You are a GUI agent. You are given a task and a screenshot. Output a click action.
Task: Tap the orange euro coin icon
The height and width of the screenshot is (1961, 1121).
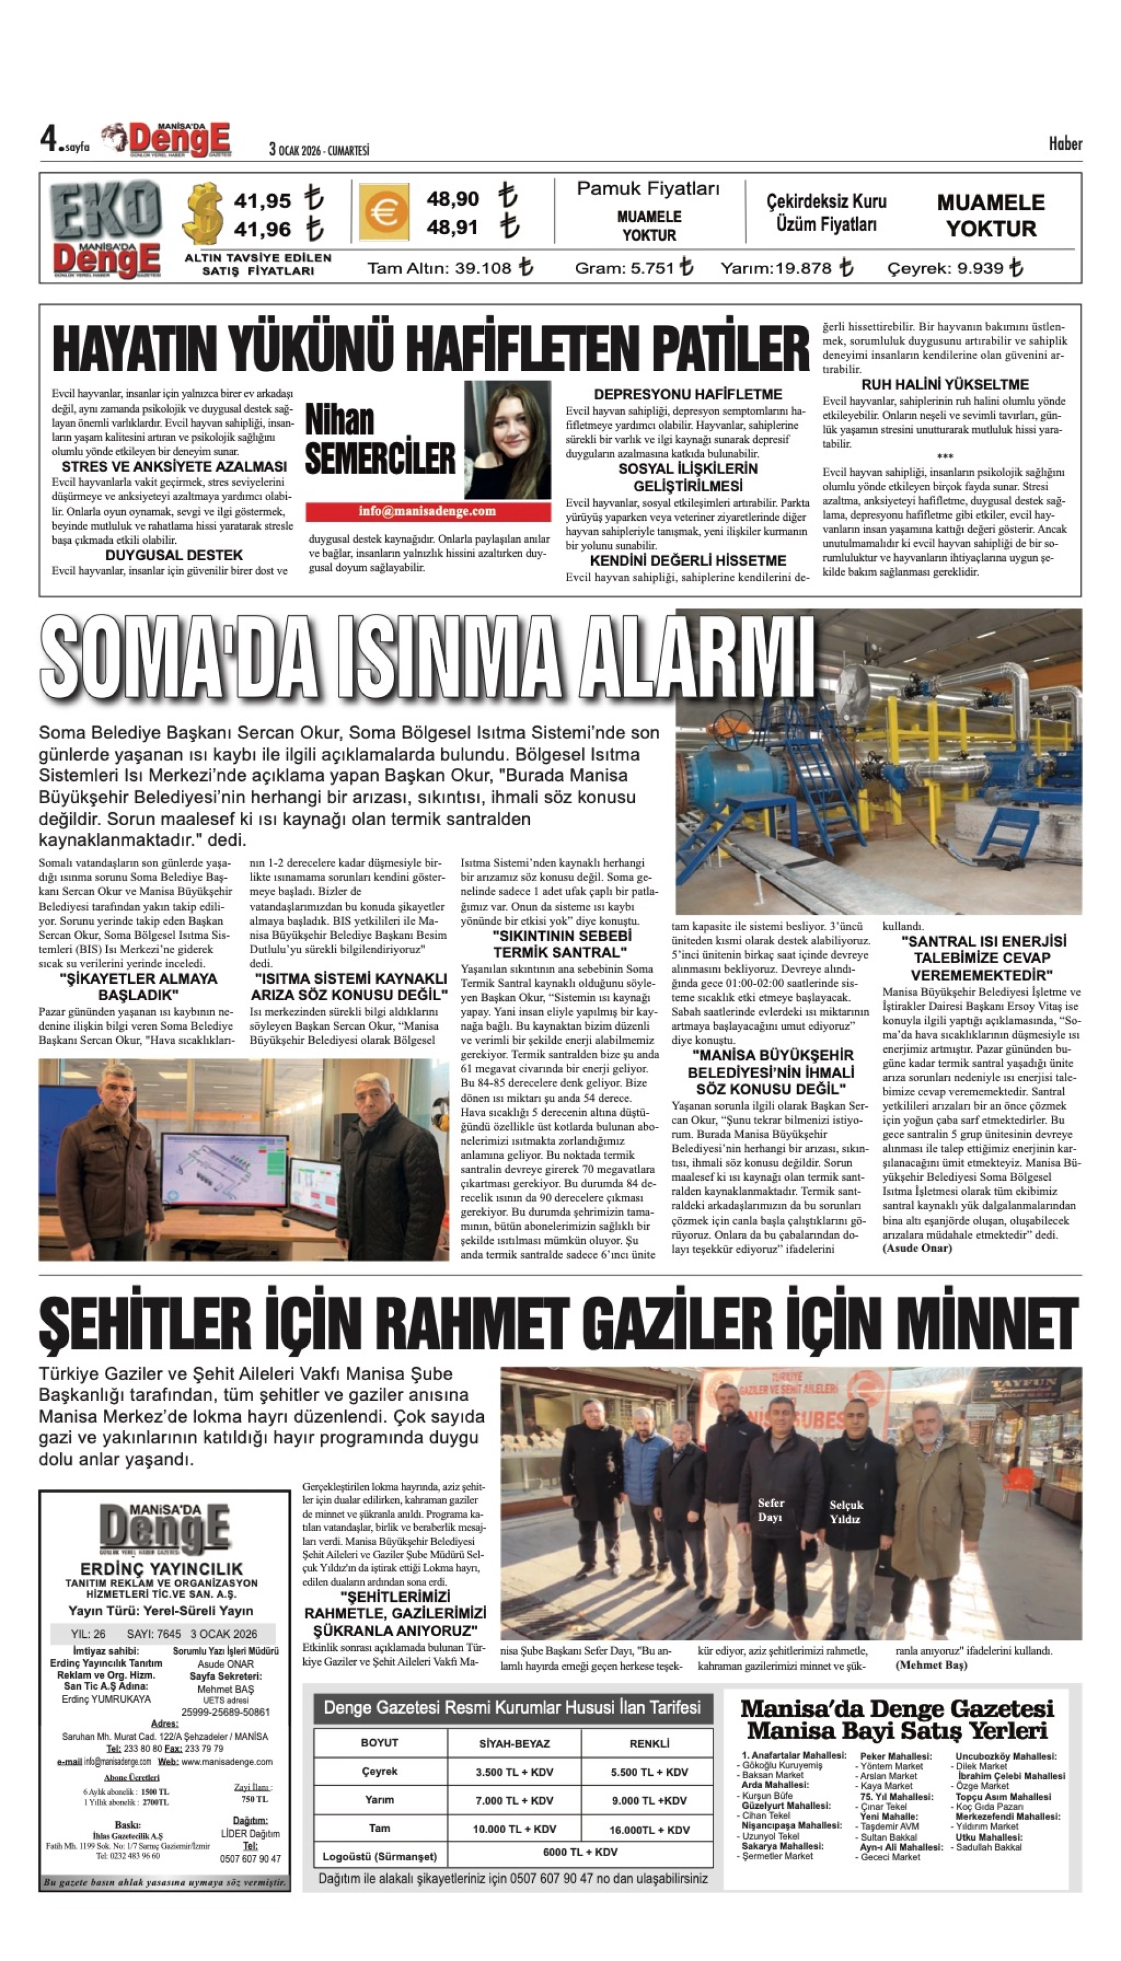(383, 212)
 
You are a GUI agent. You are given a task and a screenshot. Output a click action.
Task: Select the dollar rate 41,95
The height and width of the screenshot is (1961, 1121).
(263, 201)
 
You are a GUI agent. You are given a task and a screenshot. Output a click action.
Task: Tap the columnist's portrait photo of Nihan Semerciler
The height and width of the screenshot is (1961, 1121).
(507, 440)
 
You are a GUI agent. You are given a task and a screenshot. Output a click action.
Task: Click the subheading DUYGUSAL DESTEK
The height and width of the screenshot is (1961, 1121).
(174, 555)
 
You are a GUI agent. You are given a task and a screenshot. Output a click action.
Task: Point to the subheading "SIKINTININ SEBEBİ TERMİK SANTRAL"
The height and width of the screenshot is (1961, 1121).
(561, 944)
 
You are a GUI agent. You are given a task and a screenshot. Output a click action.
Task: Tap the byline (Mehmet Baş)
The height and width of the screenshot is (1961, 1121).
(931, 1665)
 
